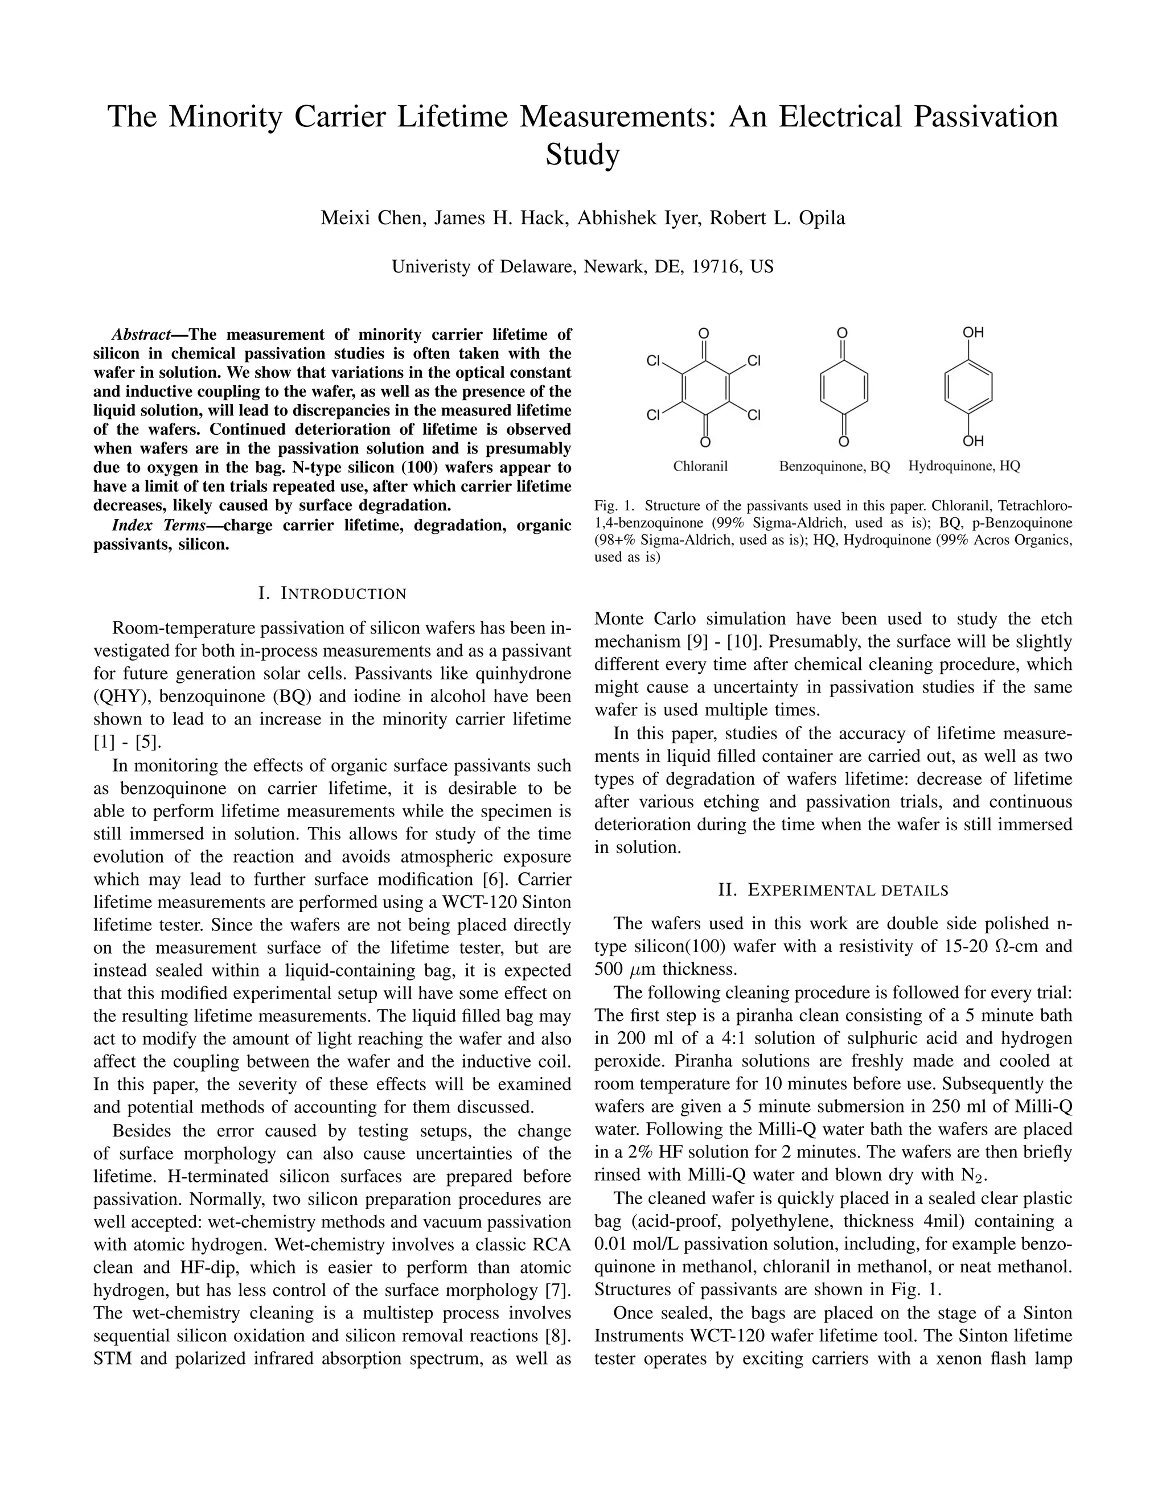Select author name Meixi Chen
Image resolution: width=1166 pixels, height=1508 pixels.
(x=369, y=218)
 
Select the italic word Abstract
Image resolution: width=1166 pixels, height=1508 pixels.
(x=141, y=335)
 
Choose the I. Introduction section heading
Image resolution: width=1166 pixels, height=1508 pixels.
(x=332, y=593)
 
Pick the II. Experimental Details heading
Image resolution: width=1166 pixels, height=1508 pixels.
(x=833, y=890)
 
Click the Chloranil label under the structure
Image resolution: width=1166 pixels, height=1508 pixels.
(x=700, y=467)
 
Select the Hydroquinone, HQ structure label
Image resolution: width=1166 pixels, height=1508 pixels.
(x=964, y=467)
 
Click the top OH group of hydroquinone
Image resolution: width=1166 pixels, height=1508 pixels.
(x=973, y=333)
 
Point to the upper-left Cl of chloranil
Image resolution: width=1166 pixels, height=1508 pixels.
(x=654, y=360)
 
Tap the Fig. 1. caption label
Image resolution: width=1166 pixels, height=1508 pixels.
(x=613, y=505)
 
